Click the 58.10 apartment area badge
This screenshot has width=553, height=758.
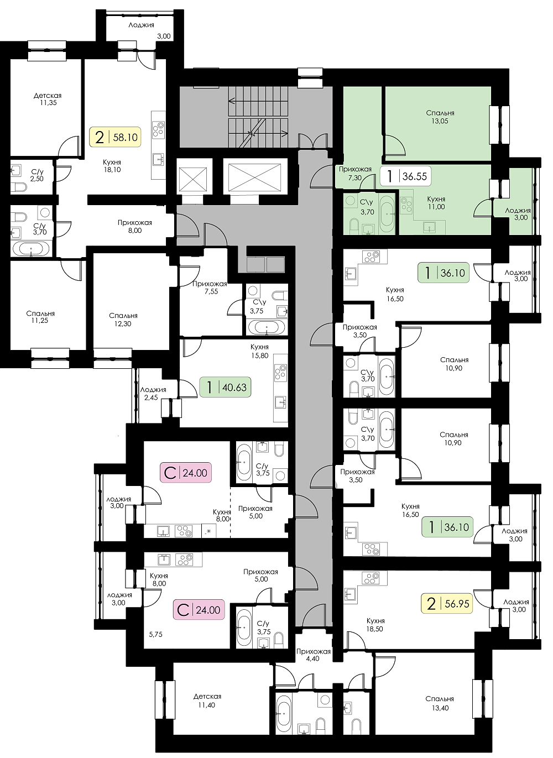point(115,137)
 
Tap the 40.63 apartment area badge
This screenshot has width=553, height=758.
point(226,387)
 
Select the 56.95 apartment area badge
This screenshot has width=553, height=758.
point(447,604)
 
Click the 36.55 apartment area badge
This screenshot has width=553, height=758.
point(405,176)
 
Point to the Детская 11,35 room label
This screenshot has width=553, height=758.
point(48,99)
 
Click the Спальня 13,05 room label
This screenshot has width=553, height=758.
point(440,117)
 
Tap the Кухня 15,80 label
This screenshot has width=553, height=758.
point(259,351)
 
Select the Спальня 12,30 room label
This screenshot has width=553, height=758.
point(123,320)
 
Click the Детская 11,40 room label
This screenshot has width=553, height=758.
point(207,701)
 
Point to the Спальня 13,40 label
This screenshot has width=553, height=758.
point(440,703)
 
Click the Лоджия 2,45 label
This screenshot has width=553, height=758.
point(153,394)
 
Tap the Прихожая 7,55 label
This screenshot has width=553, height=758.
point(210,287)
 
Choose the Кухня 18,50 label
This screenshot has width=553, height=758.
point(375,625)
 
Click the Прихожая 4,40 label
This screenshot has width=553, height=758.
point(313,655)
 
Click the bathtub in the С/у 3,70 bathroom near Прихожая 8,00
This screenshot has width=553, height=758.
point(31,250)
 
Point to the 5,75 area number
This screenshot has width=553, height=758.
point(156,635)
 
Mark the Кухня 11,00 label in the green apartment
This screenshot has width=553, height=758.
point(436,203)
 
